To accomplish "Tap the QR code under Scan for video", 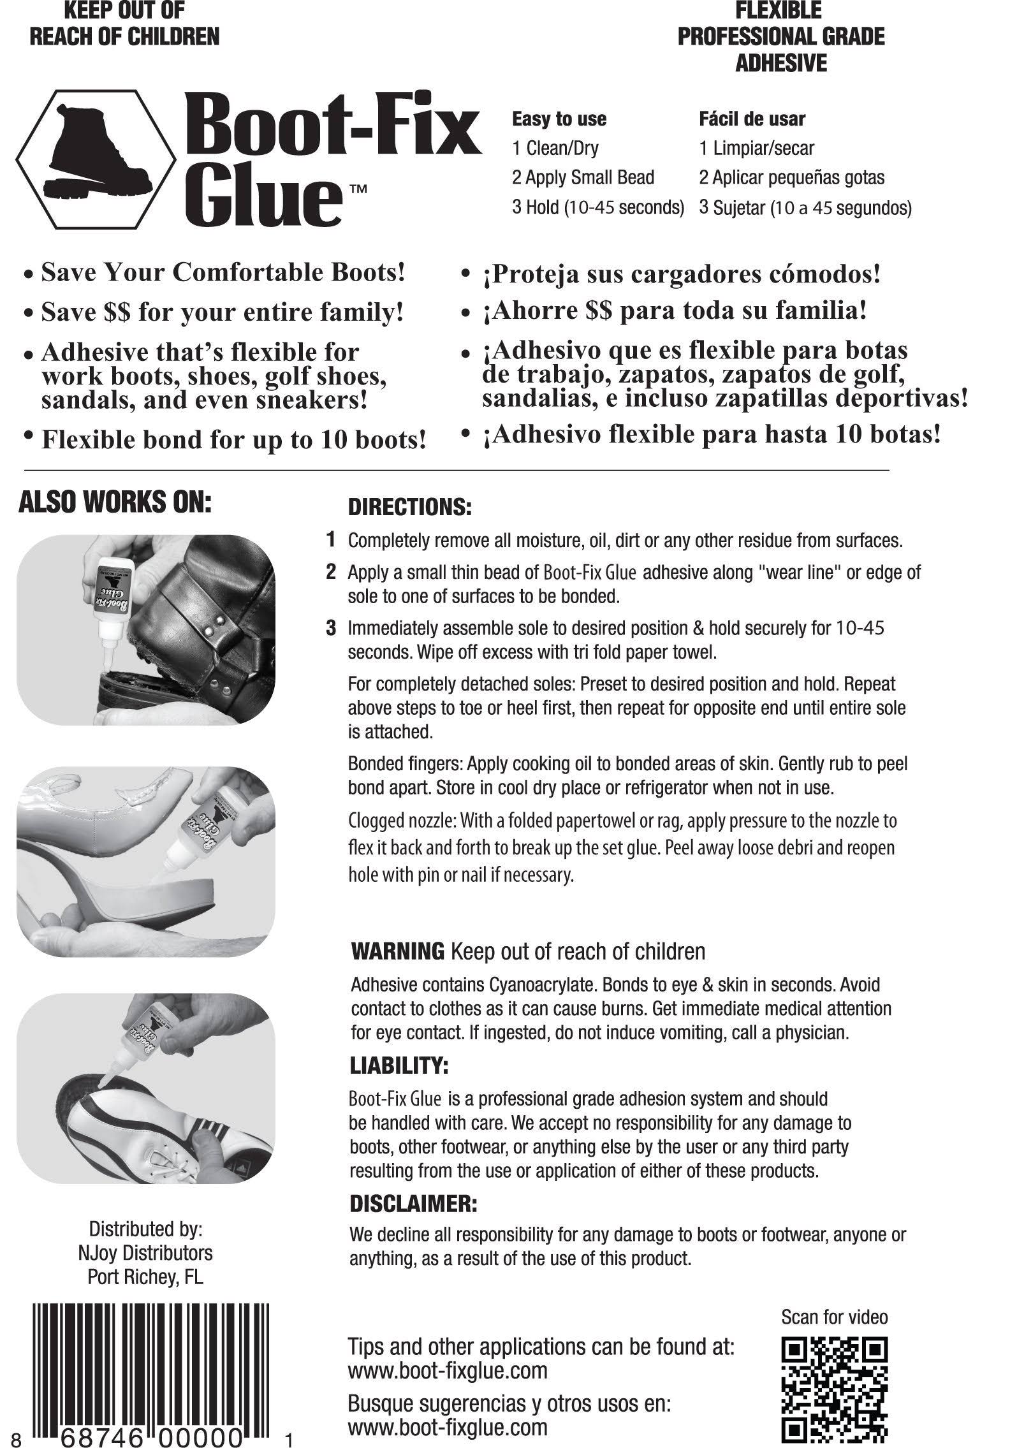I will (834, 1391).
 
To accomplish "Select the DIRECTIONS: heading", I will (409, 508).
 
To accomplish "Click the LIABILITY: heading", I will (400, 1065).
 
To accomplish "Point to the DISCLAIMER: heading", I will (413, 1204).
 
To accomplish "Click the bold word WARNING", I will (398, 952).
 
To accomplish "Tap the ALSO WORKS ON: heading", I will (115, 502).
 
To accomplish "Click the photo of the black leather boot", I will (145, 629).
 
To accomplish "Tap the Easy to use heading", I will (559, 119).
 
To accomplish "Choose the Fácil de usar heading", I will (752, 119).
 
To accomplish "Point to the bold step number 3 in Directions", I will (330, 628).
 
